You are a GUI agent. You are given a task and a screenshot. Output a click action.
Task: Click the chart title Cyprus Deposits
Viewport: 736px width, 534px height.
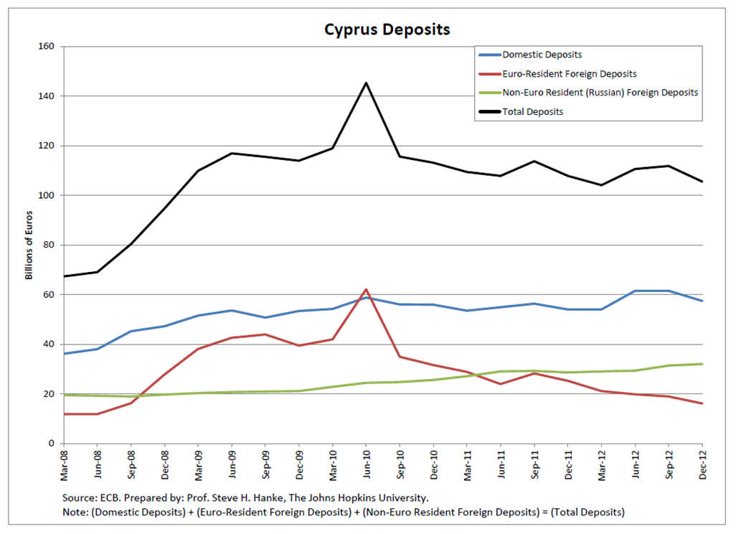(387, 29)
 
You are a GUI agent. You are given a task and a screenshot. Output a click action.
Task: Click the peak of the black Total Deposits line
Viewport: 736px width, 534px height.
(366, 83)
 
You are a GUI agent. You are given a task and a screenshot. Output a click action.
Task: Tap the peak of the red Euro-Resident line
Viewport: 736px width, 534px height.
(366, 289)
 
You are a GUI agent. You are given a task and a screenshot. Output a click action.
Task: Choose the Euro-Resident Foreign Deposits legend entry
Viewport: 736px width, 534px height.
(569, 74)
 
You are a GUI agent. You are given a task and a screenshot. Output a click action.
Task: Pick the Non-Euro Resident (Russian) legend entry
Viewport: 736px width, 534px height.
(600, 93)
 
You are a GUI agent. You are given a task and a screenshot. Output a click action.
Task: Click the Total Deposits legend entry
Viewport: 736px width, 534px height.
(532, 111)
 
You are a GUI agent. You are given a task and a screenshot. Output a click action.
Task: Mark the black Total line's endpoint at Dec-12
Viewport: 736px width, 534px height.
(702, 182)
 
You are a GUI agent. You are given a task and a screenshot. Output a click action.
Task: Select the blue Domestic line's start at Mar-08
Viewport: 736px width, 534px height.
(64, 353)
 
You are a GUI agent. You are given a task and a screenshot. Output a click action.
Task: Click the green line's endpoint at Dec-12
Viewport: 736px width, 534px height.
(702, 364)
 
